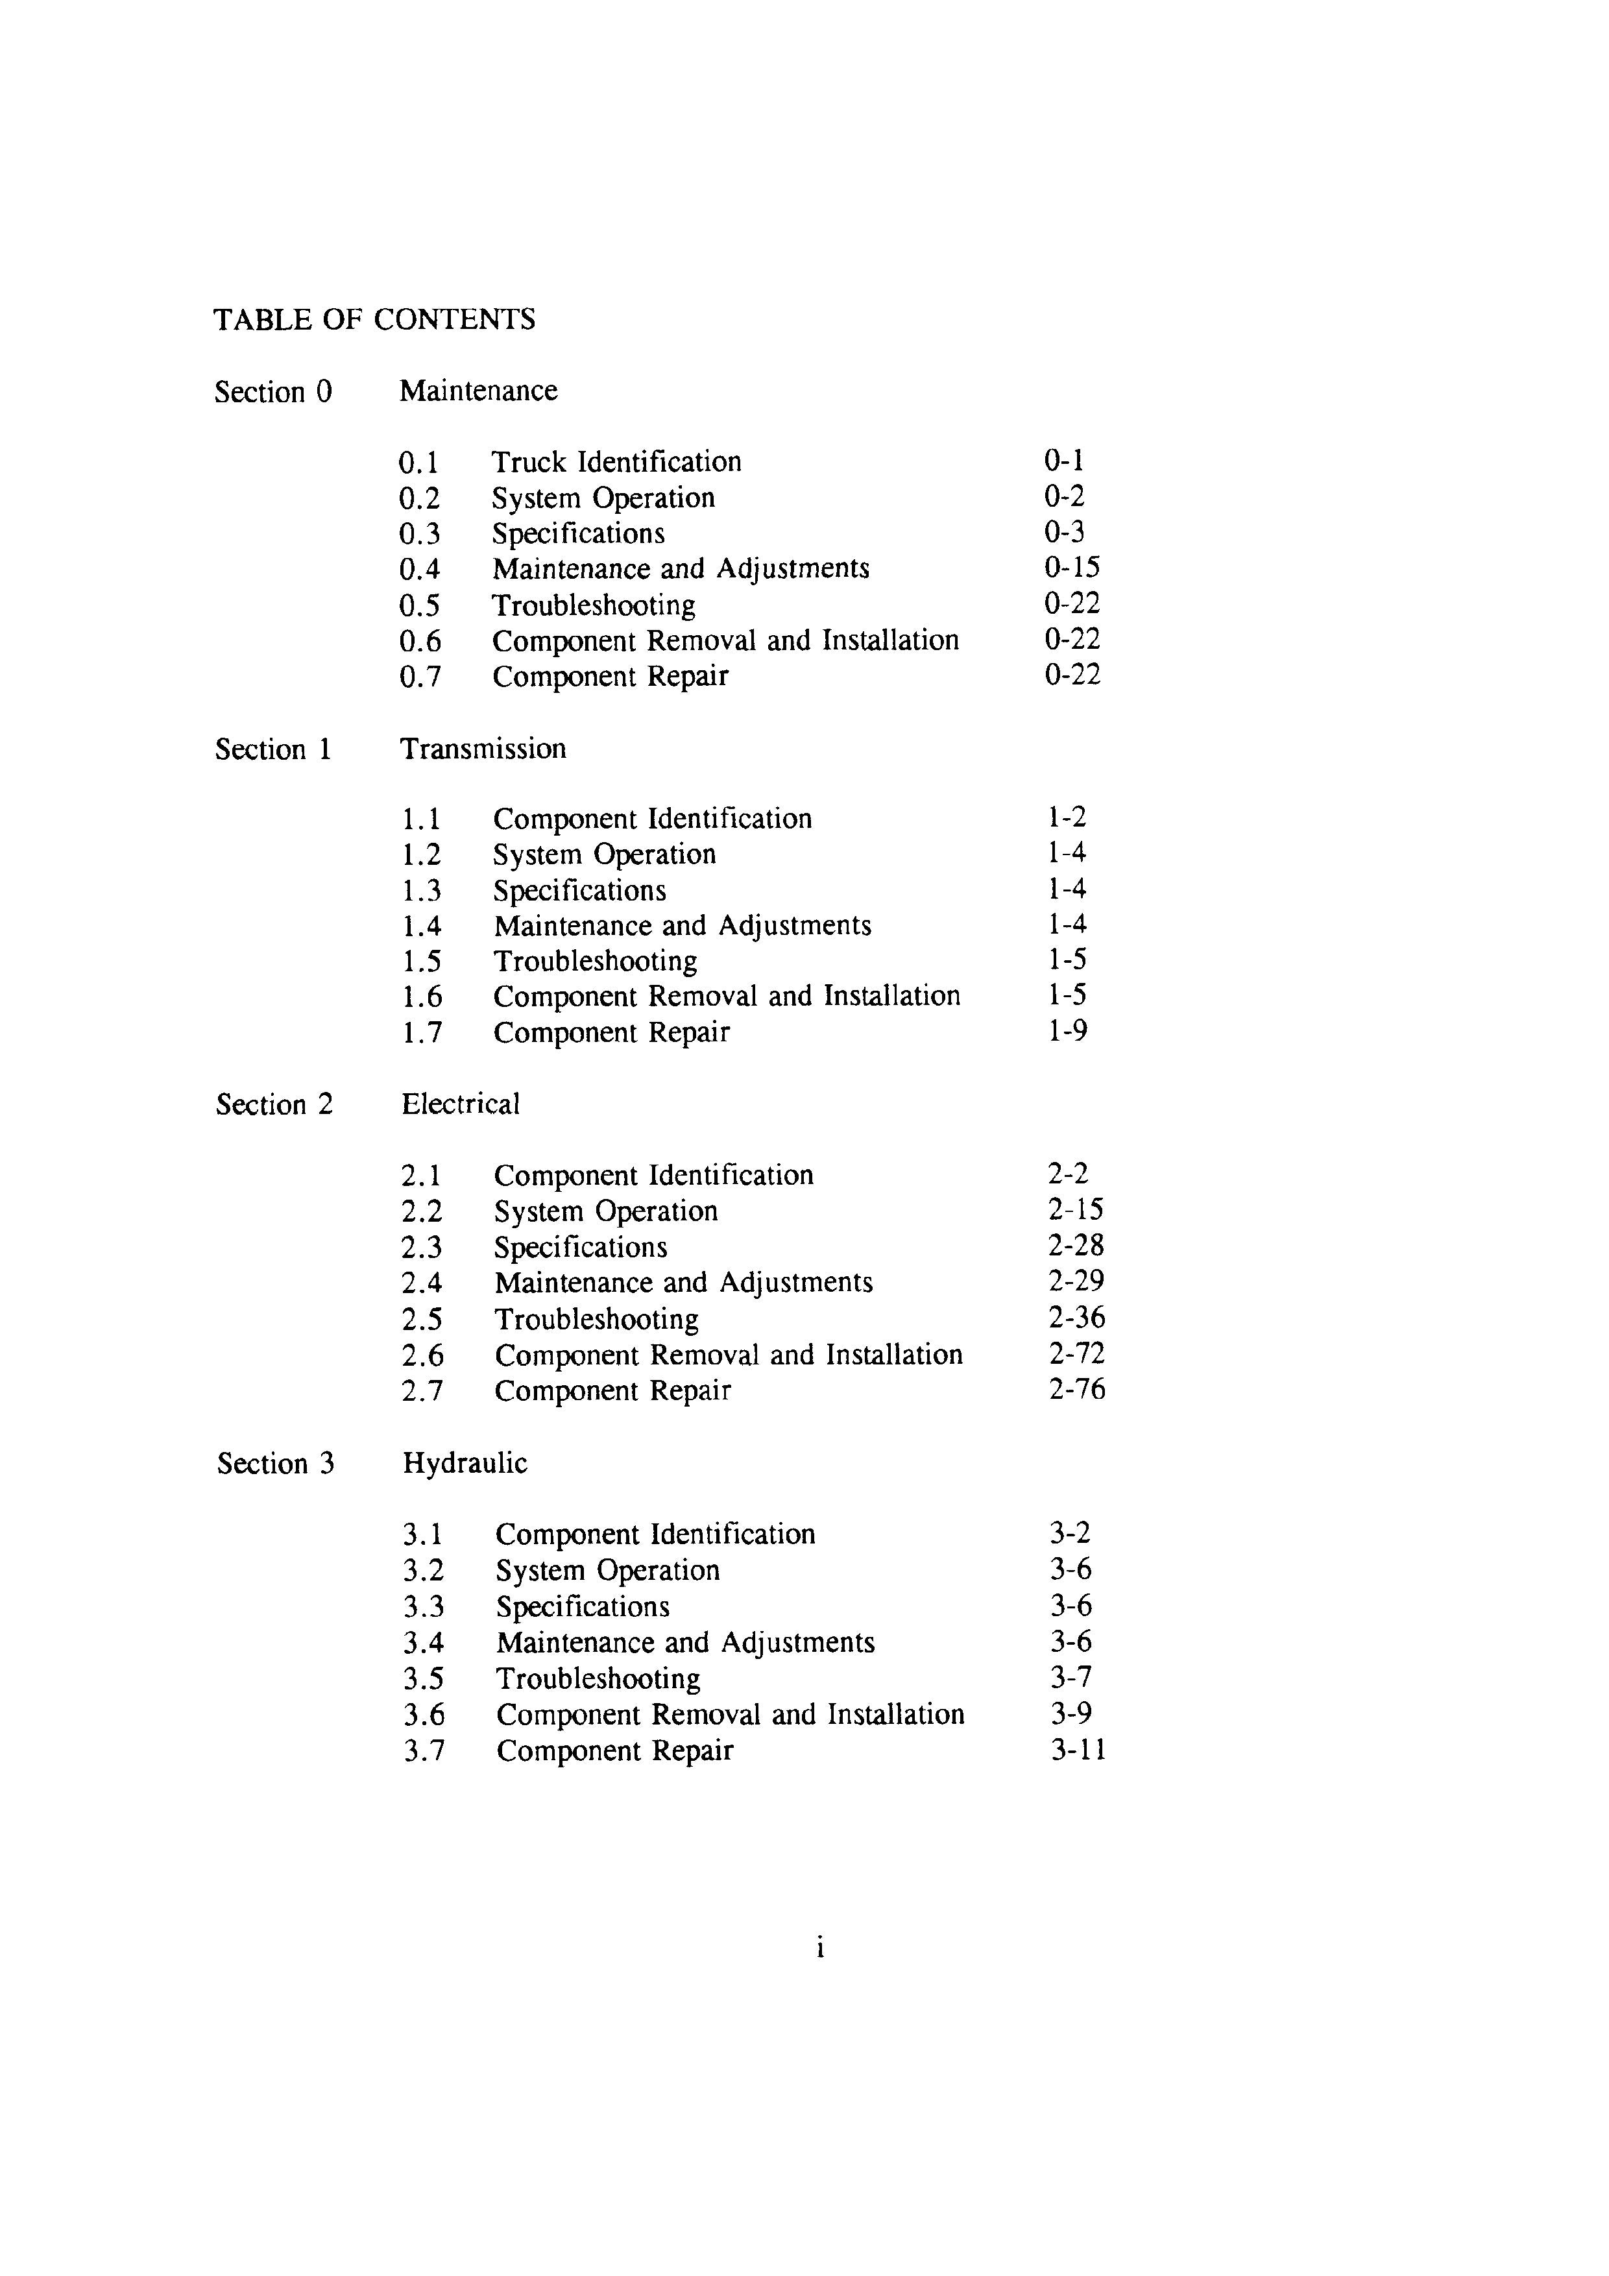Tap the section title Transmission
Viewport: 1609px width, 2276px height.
coord(483,749)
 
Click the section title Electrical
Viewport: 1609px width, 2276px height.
coord(460,1104)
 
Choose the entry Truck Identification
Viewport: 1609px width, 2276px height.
coord(616,462)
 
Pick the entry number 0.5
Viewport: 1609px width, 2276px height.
coord(419,605)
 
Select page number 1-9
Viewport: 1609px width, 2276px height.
coord(1067,1031)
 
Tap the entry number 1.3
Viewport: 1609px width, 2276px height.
coord(421,890)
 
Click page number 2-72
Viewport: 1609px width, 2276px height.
coord(1076,1353)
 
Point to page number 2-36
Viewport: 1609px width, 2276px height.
coord(1076,1318)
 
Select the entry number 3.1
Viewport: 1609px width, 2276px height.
coord(423,1534)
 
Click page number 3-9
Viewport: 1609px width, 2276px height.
coord(1070,1714)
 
